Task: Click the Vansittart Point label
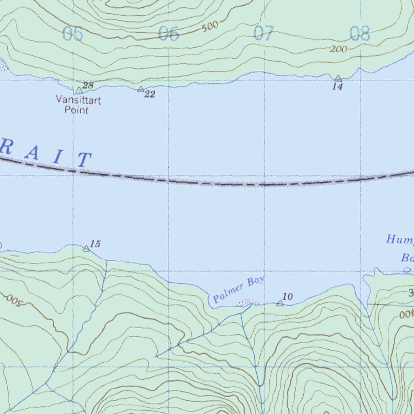[78, 105]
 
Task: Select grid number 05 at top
[73, 34]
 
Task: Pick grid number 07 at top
[264, 34]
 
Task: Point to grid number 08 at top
[359, 34]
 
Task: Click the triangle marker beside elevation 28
[79, 90]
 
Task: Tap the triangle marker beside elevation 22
[140, 89]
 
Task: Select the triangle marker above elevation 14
[338, 78]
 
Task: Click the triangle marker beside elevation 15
[86, 248]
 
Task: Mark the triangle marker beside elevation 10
[280, 303]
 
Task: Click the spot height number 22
[150, 95]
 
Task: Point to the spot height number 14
[338, 87]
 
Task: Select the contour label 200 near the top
[338, 49]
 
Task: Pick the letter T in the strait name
[84, 160]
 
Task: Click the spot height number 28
[88, 85]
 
